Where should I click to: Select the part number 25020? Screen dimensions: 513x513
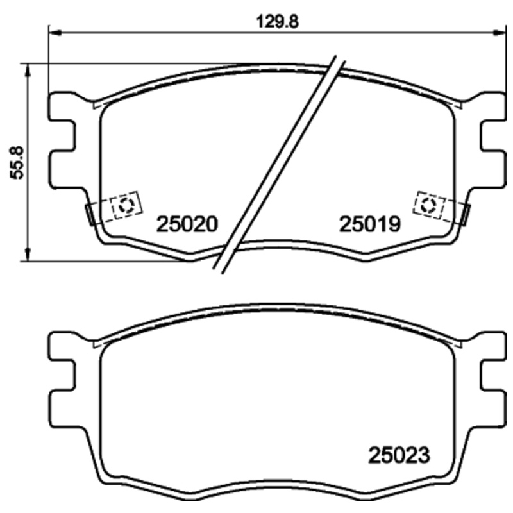click(x=189, y=224)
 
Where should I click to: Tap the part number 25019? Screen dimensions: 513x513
click(x=370, y=224)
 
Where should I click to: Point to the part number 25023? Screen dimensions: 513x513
click(x=398, y=455)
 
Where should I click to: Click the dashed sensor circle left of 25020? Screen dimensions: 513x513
click(x=126, y=205)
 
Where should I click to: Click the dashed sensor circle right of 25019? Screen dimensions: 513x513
click(x=429, y=205)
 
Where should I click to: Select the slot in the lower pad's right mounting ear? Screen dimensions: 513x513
click(x=494, y=378)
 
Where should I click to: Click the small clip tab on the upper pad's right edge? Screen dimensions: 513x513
click(x=466, y=214)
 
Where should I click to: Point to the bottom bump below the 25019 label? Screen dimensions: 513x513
click(x=366, y=258)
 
